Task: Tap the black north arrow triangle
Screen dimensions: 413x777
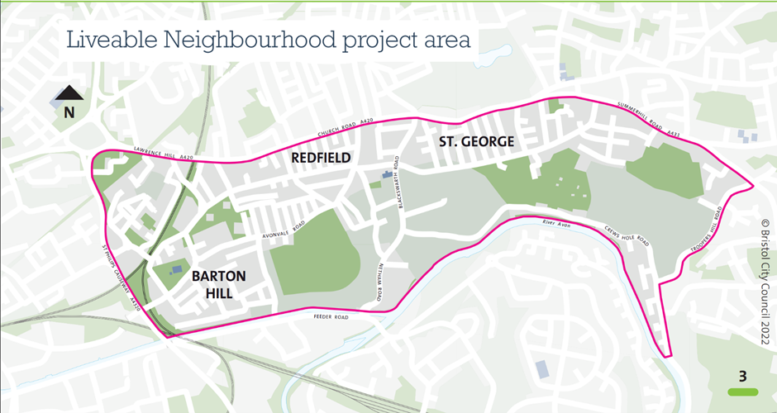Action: click(69, 93)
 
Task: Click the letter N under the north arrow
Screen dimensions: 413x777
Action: click(69, 112)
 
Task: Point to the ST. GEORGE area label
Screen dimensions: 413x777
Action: click(477, 142)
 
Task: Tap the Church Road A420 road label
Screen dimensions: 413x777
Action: click(339, 130)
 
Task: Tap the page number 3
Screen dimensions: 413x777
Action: click(742, 377)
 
